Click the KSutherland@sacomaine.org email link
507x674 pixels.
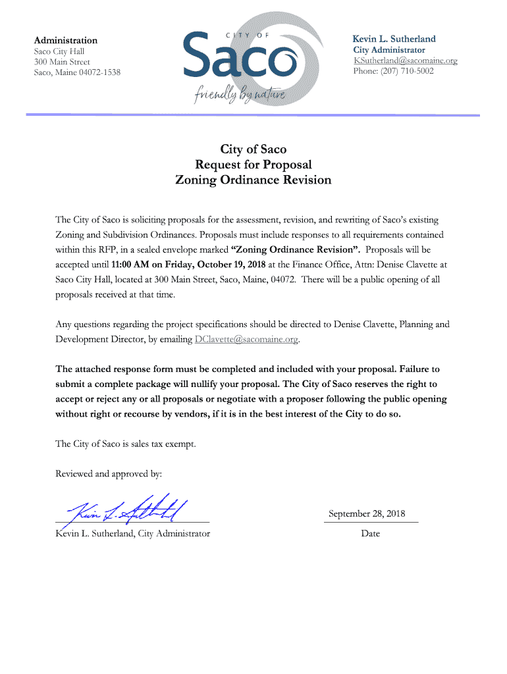(x=405, y=61)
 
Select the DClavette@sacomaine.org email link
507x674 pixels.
(x=246, y=340)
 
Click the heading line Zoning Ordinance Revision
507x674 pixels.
(x=254, y=180)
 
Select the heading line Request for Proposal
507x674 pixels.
(x=254, y=165)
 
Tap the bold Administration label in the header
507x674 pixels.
(x=66, y=40)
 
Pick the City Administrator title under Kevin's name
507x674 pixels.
(x=389, y=50)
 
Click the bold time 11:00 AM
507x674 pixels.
(x=131, y=265)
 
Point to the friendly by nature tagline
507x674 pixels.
(x=240, y=96)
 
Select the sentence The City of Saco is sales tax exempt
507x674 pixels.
(x=126, y=444)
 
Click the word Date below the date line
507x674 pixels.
(x=370, y=533)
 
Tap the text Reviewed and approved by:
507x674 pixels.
(x=109, y=473)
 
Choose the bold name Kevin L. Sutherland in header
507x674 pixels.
(x=394, y=39)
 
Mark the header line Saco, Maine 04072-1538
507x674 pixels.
(x=77, y=72)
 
